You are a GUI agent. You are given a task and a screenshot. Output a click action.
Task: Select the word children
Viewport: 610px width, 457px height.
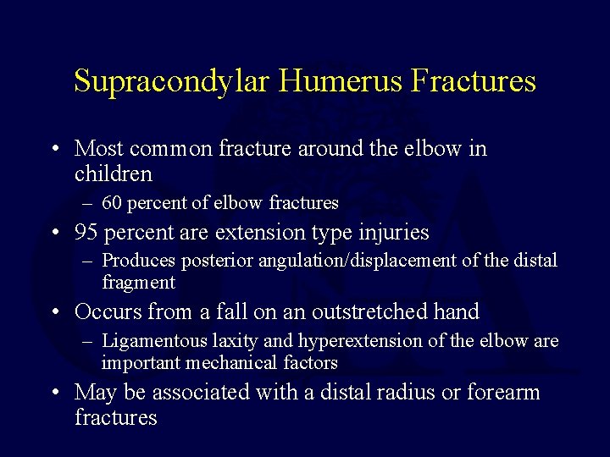point(114,174)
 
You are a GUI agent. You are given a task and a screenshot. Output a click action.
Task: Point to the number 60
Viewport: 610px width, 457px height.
point(114,203)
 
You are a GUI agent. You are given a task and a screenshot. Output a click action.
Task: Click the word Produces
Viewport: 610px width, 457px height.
point(138,261)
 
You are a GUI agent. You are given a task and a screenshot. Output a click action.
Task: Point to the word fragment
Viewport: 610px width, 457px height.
point(138,283)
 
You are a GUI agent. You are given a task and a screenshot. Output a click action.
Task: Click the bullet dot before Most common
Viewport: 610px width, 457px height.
point(55,150)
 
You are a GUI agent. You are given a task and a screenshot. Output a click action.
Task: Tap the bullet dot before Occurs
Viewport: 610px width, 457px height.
point(55,313)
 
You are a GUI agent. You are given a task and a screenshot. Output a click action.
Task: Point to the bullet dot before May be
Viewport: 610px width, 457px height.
point(55,394)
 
